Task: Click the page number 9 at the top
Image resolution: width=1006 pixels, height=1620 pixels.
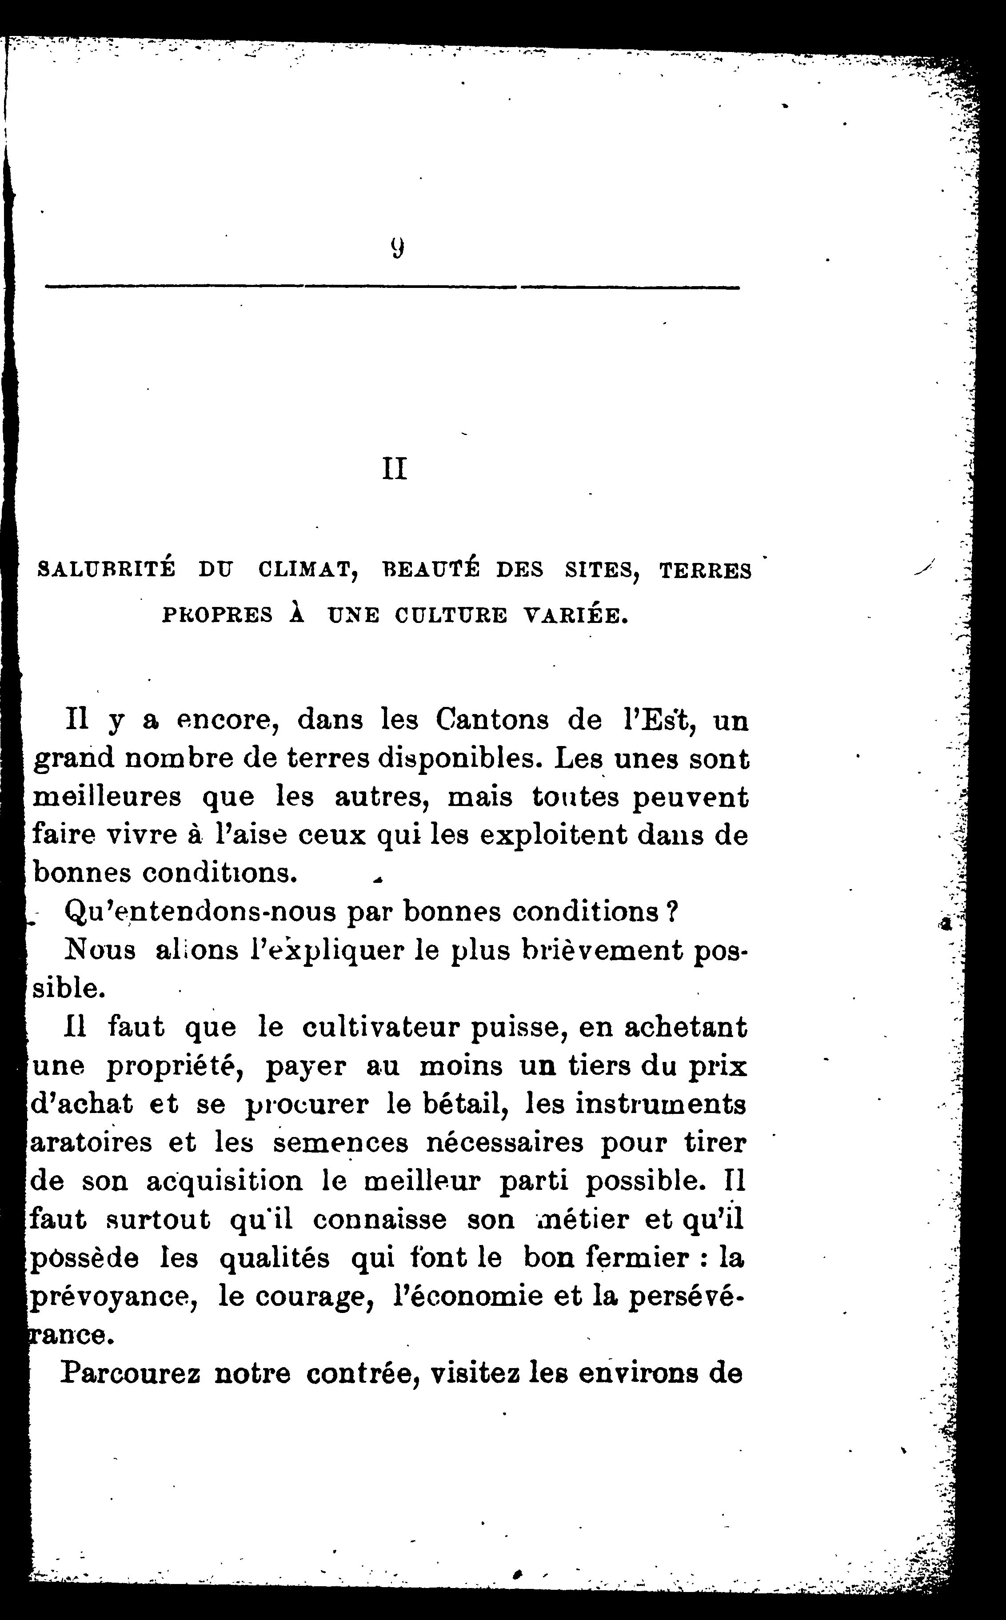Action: [397, 248]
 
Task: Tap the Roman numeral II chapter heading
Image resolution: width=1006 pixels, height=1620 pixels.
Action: [395, 470]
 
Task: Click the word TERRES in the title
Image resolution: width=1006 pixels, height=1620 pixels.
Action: [705, 571]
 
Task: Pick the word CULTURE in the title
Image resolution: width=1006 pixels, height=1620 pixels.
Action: [451, 615]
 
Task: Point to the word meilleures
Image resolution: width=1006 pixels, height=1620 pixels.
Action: [107, 797]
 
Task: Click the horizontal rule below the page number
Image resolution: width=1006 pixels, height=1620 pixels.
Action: [392, 287]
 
